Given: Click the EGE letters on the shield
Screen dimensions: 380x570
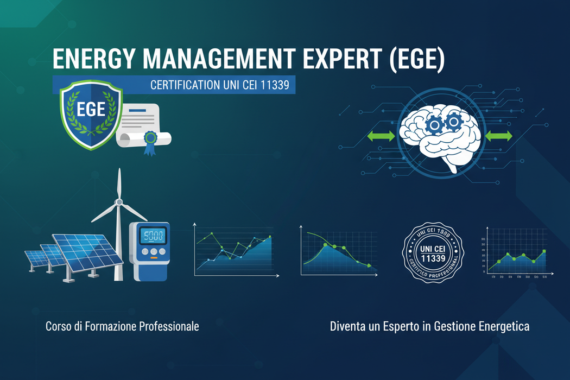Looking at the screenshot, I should coord(91,109).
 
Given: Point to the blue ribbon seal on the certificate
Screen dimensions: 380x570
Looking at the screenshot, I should coord(150,138).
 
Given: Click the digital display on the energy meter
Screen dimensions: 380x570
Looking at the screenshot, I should coord(154,236).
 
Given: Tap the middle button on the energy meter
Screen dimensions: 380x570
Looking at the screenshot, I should coord(154,252).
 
